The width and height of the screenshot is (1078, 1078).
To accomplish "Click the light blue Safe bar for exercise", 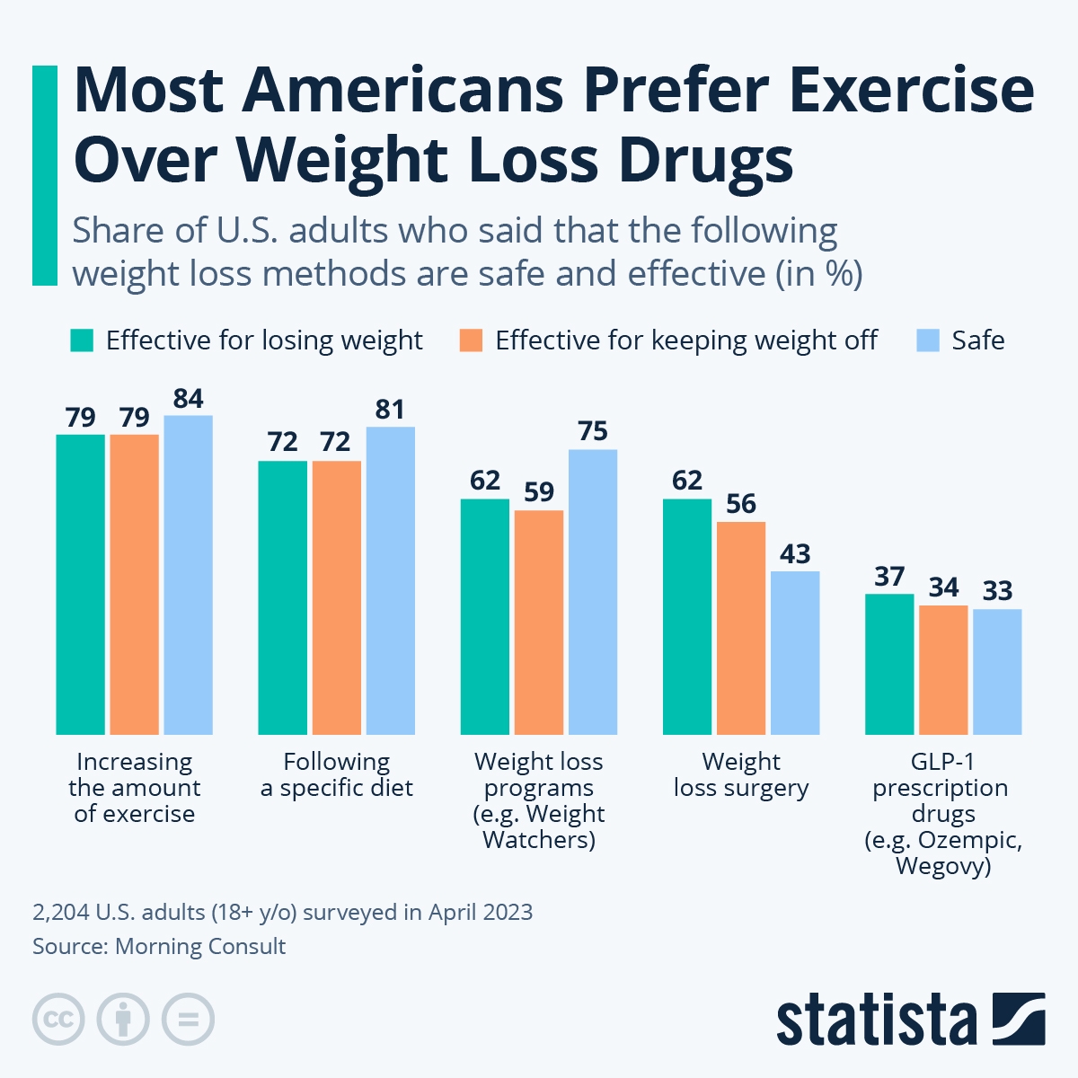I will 188,575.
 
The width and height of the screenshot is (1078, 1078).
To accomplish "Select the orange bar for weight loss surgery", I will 741,628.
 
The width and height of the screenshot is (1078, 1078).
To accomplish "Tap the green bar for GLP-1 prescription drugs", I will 889,664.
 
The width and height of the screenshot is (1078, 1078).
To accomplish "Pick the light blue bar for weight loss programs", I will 593,592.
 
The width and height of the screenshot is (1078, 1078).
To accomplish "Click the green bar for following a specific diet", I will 283,597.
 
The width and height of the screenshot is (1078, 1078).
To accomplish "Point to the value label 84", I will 188,399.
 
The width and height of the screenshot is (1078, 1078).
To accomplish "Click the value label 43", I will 795,554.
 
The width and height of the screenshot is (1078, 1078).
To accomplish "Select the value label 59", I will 539,492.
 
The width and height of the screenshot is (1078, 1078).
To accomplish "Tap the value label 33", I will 997,591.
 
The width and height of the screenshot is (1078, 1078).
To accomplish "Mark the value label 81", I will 390,411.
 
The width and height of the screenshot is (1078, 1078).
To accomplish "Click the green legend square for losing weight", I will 82,340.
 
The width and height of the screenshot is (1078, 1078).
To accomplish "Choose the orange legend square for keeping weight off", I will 471,340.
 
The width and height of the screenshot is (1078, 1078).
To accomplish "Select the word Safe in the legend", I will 977,340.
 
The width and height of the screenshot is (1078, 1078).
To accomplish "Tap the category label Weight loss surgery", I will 741,774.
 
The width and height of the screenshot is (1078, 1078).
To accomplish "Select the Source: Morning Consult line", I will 159,946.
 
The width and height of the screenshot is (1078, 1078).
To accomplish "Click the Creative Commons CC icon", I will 58,1020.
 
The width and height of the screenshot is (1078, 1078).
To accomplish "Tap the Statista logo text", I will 876,1020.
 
